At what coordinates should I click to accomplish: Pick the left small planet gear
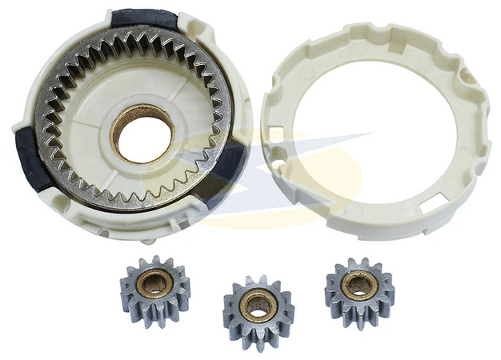155,288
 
